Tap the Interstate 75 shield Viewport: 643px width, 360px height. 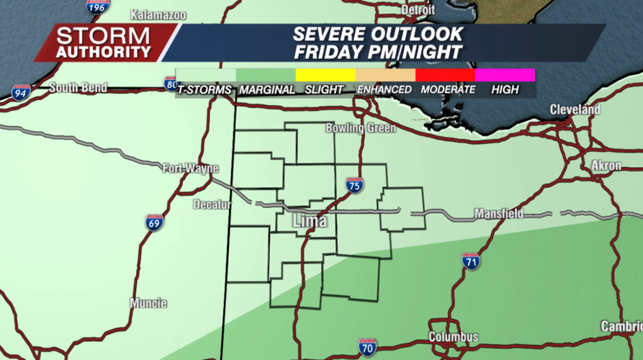point(354,185)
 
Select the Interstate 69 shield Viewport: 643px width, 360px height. point(154,222)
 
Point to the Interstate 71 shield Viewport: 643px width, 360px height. point(471,262)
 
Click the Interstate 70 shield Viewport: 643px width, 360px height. point(367,347)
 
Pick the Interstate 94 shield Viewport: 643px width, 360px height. point(21,92)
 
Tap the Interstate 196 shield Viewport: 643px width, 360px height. point(95,6)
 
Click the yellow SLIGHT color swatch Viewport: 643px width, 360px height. point(325,75)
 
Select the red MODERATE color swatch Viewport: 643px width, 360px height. point(445,75)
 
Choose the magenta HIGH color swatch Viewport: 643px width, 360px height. point(505,75)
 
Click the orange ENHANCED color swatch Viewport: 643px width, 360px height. point(385,75)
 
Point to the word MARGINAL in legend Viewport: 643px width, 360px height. point(266,90)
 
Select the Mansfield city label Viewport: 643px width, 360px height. point(498,215)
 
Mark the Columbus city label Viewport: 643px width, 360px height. point(453,337)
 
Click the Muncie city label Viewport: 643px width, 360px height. point(148,303)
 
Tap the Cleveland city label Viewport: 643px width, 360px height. point(575,109)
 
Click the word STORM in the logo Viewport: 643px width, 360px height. point(102,35)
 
